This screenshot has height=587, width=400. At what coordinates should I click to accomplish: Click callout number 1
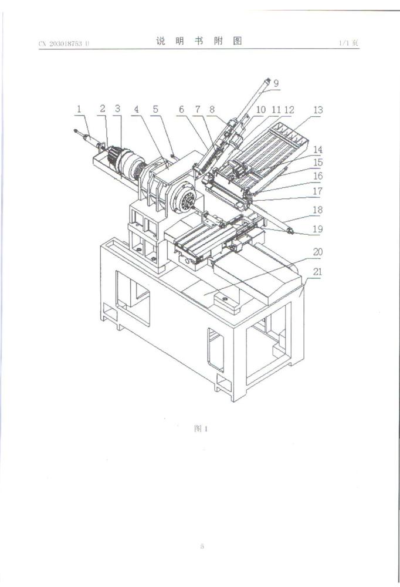[79, 109]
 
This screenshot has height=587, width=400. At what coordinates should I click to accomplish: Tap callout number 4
[137, 109]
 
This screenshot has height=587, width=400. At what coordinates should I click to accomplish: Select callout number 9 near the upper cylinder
[276, 83]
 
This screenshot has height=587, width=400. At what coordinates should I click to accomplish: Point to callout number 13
[318, 110]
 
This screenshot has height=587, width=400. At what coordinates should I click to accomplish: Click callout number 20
[318, 252]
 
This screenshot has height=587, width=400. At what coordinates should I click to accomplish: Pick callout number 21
[317, 271]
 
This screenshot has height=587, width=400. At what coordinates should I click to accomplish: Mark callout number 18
[317, 210]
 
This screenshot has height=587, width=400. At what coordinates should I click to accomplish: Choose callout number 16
[318, 176]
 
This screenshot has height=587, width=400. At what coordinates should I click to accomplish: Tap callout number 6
[181, 109]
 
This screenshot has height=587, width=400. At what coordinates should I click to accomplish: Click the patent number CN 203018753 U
[64, 43]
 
